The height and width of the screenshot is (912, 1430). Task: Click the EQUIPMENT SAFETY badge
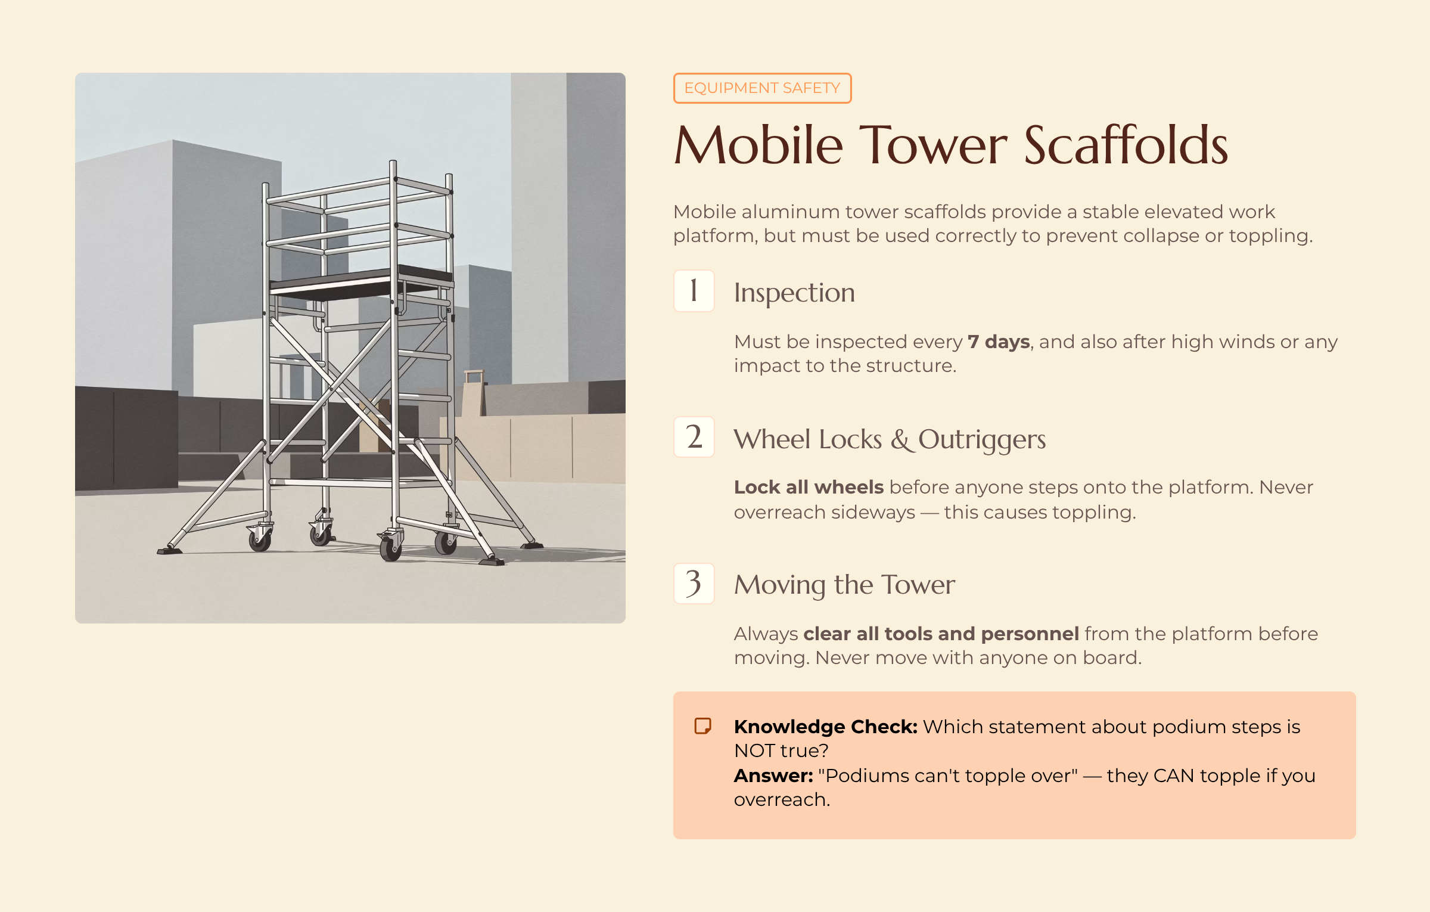tap(761, 88)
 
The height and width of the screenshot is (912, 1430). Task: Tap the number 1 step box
tap(694, 291)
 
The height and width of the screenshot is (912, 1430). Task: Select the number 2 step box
tap(694, 437)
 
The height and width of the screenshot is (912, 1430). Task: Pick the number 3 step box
tap(694, 584)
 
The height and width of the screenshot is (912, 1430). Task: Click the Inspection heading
tap(794, 293)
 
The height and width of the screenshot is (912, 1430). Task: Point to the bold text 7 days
tap(998, 342)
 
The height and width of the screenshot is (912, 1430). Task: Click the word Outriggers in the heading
tap(981, 440)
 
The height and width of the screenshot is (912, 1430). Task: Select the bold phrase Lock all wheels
tap(808, 487)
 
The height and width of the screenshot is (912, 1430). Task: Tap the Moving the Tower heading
tap(844, 585)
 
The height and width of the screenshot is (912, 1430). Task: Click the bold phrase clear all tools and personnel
tap(940, 634)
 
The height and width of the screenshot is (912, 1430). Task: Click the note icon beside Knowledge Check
tap(702, 726)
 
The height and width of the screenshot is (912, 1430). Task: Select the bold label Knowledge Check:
tap(825, 727)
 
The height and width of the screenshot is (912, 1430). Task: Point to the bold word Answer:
tap(773, 775)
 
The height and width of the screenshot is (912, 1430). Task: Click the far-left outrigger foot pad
tap(169, 549)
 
